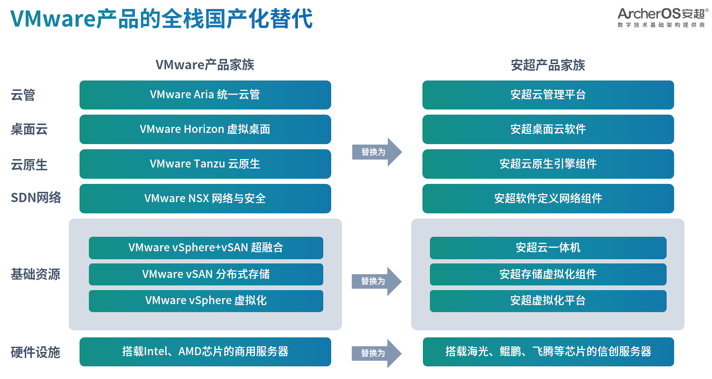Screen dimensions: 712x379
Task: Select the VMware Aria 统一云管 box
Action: (x=205, y=95)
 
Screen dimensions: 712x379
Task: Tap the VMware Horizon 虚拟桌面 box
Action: (x=205, y=130)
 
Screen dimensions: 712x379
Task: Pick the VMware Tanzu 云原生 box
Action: (x=205, y=164)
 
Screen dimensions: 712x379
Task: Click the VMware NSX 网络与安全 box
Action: (x=205, y=198)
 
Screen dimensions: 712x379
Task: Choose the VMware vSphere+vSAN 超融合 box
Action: (x=206, y=248)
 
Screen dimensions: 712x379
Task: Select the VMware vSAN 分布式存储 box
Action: (x=206, y=274)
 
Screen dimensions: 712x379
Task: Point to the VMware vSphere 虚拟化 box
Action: (x=206, y=301)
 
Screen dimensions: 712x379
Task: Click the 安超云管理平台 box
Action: (x=548, y=95)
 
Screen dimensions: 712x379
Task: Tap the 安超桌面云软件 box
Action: (x=548, y=130)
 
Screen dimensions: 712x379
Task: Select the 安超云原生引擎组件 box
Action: (x=548, y=164)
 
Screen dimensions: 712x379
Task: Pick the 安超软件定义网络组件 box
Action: (x=548, y=198)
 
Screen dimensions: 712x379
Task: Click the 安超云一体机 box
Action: (x=548, y=248)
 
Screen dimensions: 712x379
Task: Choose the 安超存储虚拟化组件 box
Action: (x=548, y=274)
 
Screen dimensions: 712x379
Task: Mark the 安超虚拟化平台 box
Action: (x=548, y=301)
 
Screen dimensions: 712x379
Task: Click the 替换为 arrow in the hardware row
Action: (x=377, y=353)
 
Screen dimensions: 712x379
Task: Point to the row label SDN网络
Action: (x=36, y=198)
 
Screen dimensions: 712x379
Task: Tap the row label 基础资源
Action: (x=36, y=274)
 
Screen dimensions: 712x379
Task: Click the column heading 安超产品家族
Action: (x=548, y=65)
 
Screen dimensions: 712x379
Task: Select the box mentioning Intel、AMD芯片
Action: (x=205, y=352)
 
